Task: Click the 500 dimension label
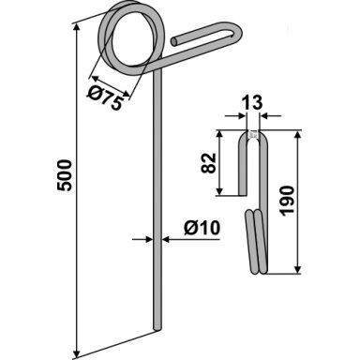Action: coord(65,175)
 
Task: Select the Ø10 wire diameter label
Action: coord(202,228)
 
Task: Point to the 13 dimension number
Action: coord(252,102)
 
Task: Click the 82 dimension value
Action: coord(208,163)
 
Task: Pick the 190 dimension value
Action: coord(287,201)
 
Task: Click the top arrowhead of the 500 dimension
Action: coord(76,27)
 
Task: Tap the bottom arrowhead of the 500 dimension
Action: coord(76,353)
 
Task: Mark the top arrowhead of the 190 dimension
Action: coord(297,135)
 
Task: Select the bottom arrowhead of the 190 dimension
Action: coord(297,269)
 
